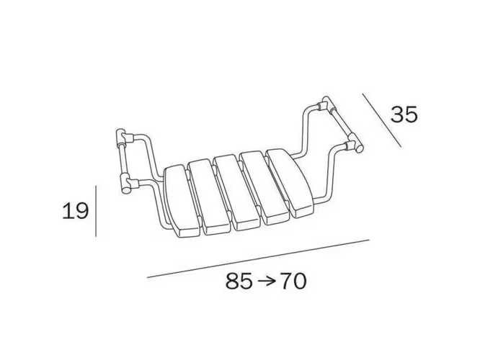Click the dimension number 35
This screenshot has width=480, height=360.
404,114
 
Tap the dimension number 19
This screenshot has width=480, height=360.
75,211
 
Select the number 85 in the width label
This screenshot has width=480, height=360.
239,281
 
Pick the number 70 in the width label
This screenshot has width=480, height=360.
293,281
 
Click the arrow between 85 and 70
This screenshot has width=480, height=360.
267,281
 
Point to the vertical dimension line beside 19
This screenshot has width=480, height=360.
96,211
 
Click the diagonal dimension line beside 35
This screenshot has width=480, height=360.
382,120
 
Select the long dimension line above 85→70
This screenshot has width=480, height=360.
258,258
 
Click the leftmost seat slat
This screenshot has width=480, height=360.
181,202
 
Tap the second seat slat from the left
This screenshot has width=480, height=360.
209,197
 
